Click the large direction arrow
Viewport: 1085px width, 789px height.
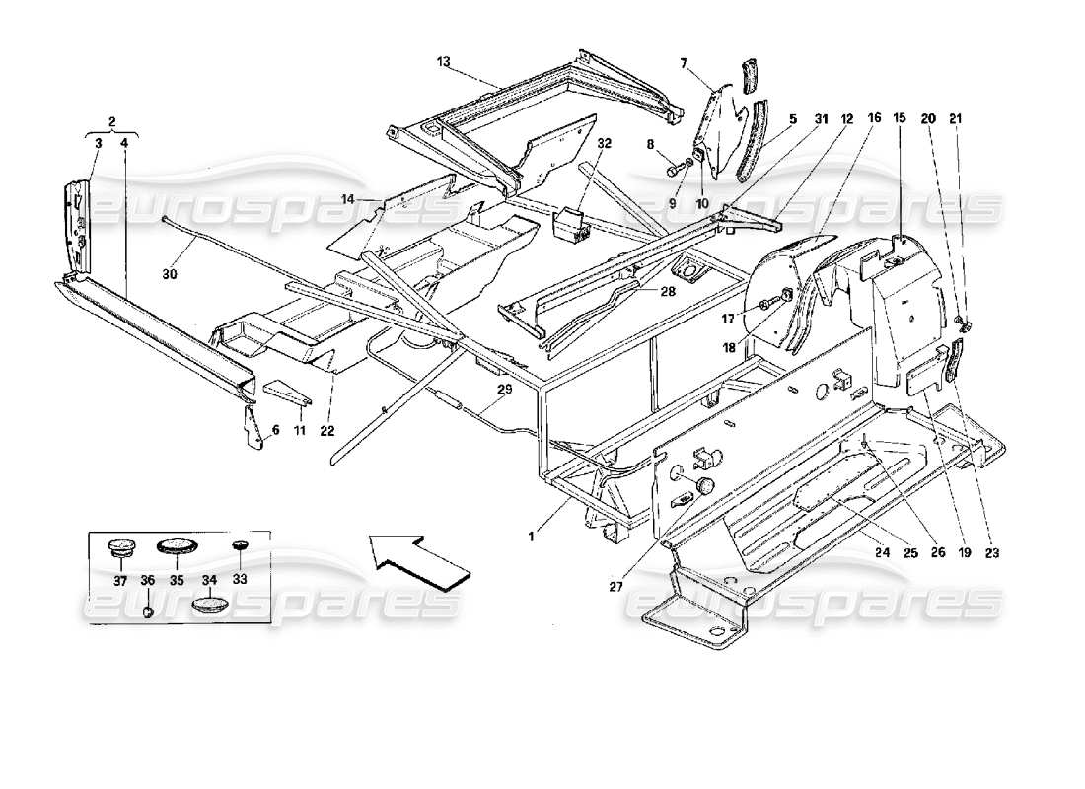418,558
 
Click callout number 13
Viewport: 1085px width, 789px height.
445,62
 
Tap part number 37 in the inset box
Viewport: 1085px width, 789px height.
120,581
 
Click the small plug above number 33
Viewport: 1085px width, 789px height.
238,545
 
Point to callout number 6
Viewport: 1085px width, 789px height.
276,431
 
